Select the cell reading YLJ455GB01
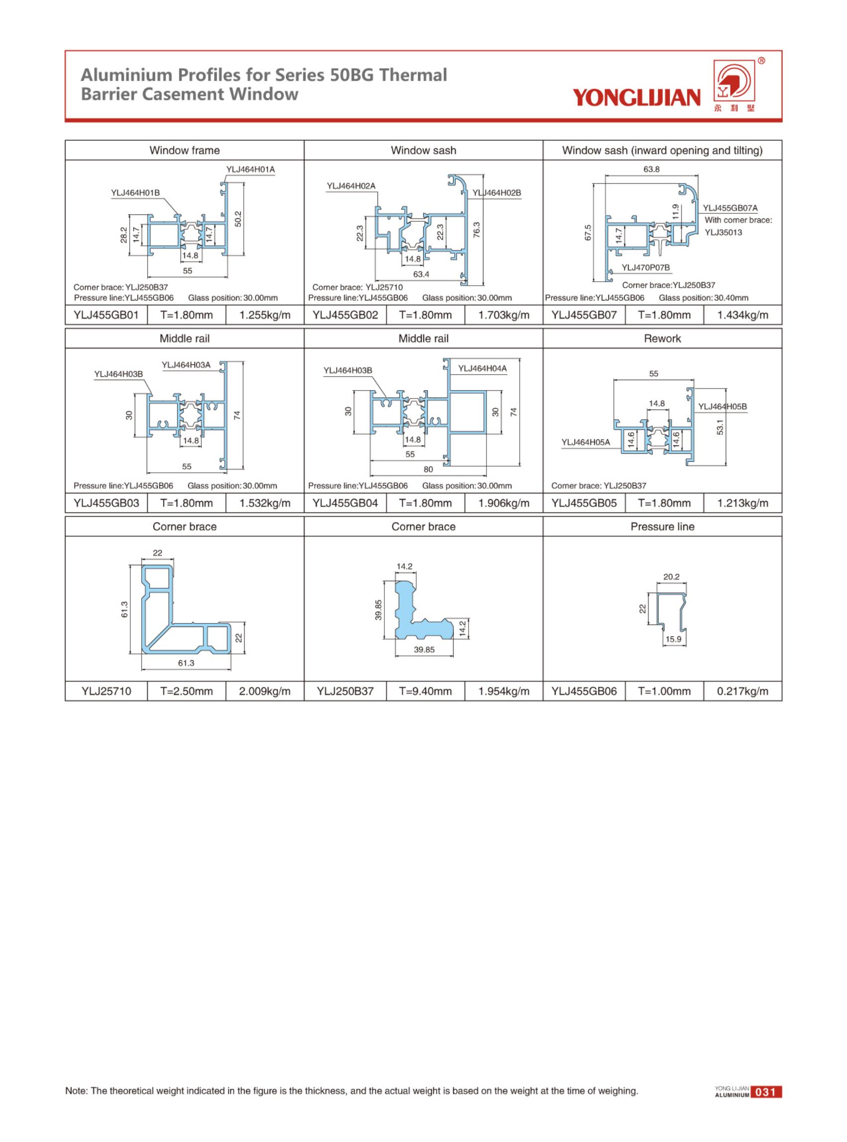tap(106, 315)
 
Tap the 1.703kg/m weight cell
tap(503, 315)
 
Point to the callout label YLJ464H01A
tap(251, 169)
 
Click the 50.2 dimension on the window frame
tap(238, 218)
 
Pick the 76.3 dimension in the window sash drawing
tap(476, 230)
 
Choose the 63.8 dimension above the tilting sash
tap(651, 169)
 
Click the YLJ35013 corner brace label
tap(723, 232)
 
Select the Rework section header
tap(662, 338)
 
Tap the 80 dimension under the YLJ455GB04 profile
tap(428, 469)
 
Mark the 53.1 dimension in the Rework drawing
tap(720, 426)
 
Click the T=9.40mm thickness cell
tap(425, 692)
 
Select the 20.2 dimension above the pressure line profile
tap(671, 577)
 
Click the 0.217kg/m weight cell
tap(743, 692)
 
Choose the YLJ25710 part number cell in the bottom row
tap(106, 692)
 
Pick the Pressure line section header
tap(662, 527)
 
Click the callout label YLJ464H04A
tap(482, 368)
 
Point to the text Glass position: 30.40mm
tap(703, 298)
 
